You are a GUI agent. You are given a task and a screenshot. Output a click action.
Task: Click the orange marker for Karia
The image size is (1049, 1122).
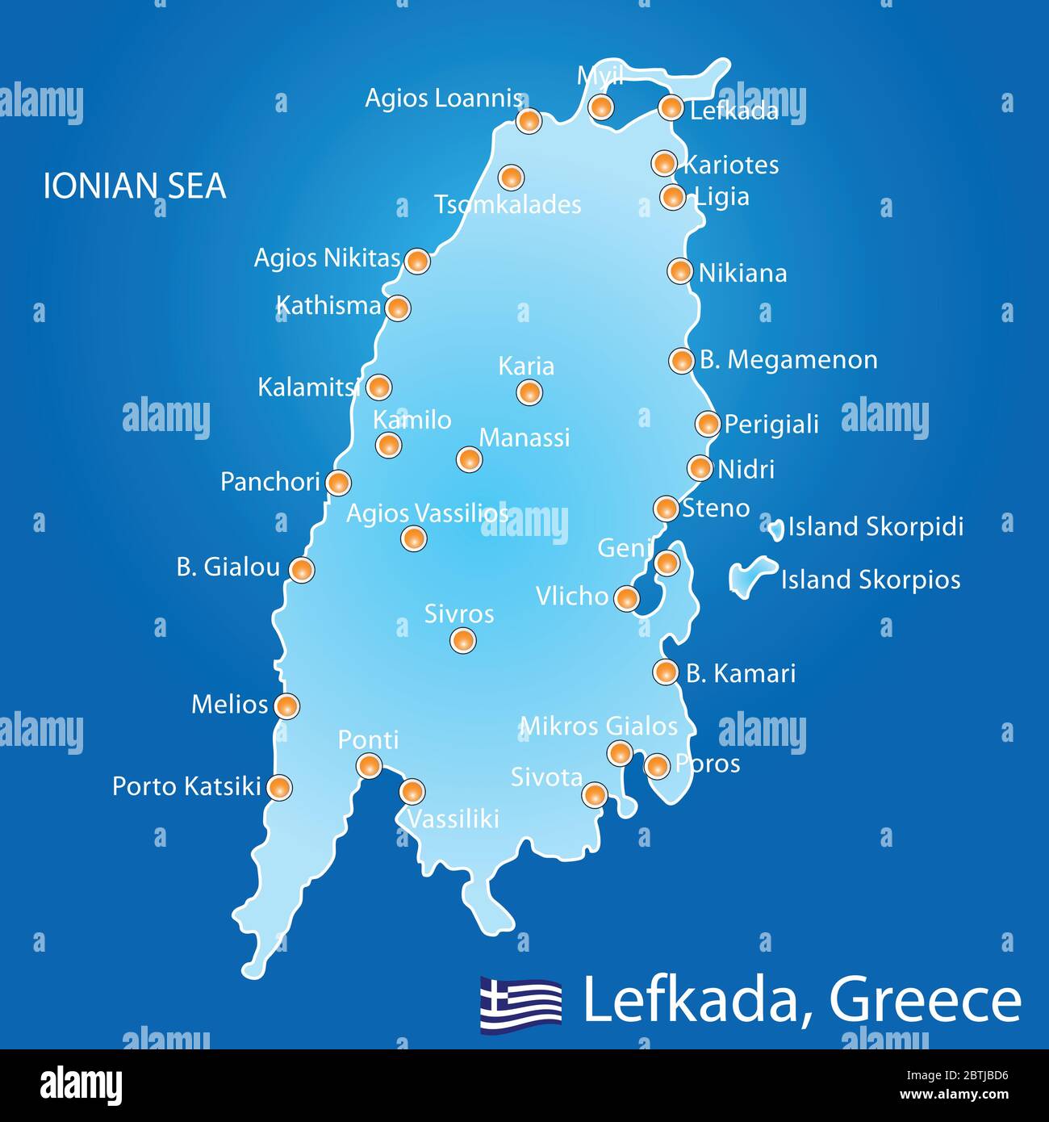point(529,393)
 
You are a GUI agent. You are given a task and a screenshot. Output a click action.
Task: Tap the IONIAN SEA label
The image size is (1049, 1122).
point(134,186)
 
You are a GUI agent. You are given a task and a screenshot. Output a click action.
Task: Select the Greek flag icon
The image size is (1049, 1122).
point(521,1003)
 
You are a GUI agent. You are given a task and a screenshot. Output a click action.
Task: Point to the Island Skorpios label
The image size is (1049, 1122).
point(871,580)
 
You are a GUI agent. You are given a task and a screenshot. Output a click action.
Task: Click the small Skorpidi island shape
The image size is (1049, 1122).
point(775,530)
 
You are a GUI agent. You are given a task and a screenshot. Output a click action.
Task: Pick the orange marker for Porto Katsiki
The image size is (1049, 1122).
point(279,787)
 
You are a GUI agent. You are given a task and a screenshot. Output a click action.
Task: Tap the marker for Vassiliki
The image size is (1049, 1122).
point(412,792)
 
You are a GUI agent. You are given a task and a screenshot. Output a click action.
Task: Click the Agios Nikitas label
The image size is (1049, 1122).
point(327,258)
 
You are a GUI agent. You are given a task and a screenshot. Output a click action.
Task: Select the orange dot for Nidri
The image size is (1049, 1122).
point(700,468)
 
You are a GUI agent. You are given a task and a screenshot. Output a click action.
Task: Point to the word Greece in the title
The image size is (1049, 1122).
point(925,1001)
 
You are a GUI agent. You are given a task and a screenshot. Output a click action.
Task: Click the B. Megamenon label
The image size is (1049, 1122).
point(788,360)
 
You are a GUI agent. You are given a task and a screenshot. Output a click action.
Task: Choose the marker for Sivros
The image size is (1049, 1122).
point(462,641)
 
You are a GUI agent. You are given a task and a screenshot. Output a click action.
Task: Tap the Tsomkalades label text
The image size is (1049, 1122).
point(508,205)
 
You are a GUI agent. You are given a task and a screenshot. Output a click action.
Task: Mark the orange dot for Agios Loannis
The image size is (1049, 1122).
point(528,121)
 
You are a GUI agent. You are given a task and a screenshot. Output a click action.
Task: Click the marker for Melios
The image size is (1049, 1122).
point(286,706)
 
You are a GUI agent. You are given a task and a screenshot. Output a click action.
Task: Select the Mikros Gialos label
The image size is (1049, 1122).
point(599,726)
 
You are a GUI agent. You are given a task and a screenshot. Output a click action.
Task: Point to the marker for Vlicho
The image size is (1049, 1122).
point(626,599)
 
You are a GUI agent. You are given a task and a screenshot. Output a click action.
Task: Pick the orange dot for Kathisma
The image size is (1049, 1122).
point(397,308)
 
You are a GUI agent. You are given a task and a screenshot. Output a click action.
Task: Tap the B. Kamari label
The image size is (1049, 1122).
point(741,673)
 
